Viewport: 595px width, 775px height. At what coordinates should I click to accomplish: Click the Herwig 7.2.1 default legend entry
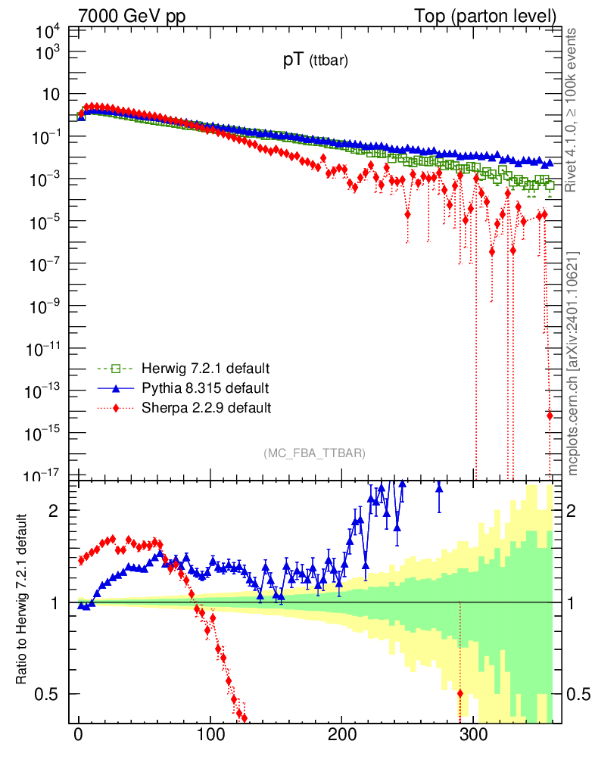(x=201, y=369)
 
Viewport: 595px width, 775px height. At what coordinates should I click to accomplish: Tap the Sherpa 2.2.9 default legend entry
(x=201, y=408)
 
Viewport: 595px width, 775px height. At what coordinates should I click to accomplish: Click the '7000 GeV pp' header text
(x=132, y=16)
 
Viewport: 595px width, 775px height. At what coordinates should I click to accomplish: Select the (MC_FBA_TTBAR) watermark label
(x=315, y=453)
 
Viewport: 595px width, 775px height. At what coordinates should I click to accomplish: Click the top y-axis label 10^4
(x=48, y=32)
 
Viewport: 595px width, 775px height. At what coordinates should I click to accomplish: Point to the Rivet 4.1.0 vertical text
(x=572, y=110)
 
